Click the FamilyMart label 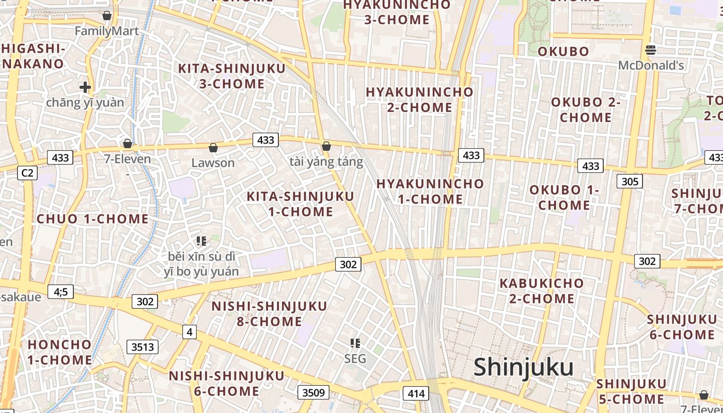tap(107, 31)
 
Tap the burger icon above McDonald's tap(651, 50)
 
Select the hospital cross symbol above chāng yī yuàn tap(85, 87)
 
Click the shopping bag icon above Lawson tap(213, 148)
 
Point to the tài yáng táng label tap(326, 162)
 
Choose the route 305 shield tap(630, 181)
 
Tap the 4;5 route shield tap(60, 292)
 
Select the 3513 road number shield tap(143, 346)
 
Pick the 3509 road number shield tap(313, 392)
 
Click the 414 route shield tap(416, 394)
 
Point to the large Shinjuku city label tap(524, 367)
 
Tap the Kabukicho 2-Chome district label tap(541, 291)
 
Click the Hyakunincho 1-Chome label tap(430, 191)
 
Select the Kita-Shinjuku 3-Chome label tap(231, 76)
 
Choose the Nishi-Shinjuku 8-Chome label tap(269, 314)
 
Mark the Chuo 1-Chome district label tap(92, 218)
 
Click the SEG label tap(355, 358)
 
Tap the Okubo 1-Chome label tap(564, 198)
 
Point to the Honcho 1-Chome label tap(59, 352)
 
